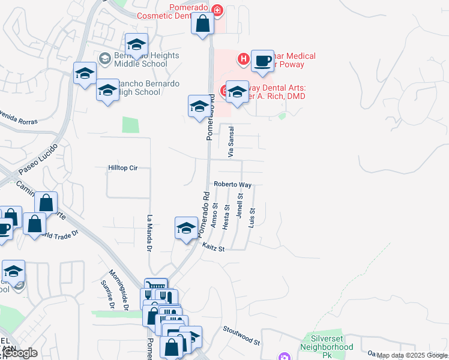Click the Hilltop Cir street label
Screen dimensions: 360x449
coord(122,168)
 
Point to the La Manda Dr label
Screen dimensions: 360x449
coord(148,233)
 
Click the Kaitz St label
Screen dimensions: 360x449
coord(213,247)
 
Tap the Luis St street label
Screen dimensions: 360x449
coord(253,218)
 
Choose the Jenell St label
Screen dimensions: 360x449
coord(240,205)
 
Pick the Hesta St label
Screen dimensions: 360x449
coord(227,215)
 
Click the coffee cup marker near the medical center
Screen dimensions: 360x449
coord(262,61)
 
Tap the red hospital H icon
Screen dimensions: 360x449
coord(243,58)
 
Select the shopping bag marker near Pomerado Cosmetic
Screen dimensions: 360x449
coord(203,25)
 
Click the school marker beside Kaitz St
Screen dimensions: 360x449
coord(186,229)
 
